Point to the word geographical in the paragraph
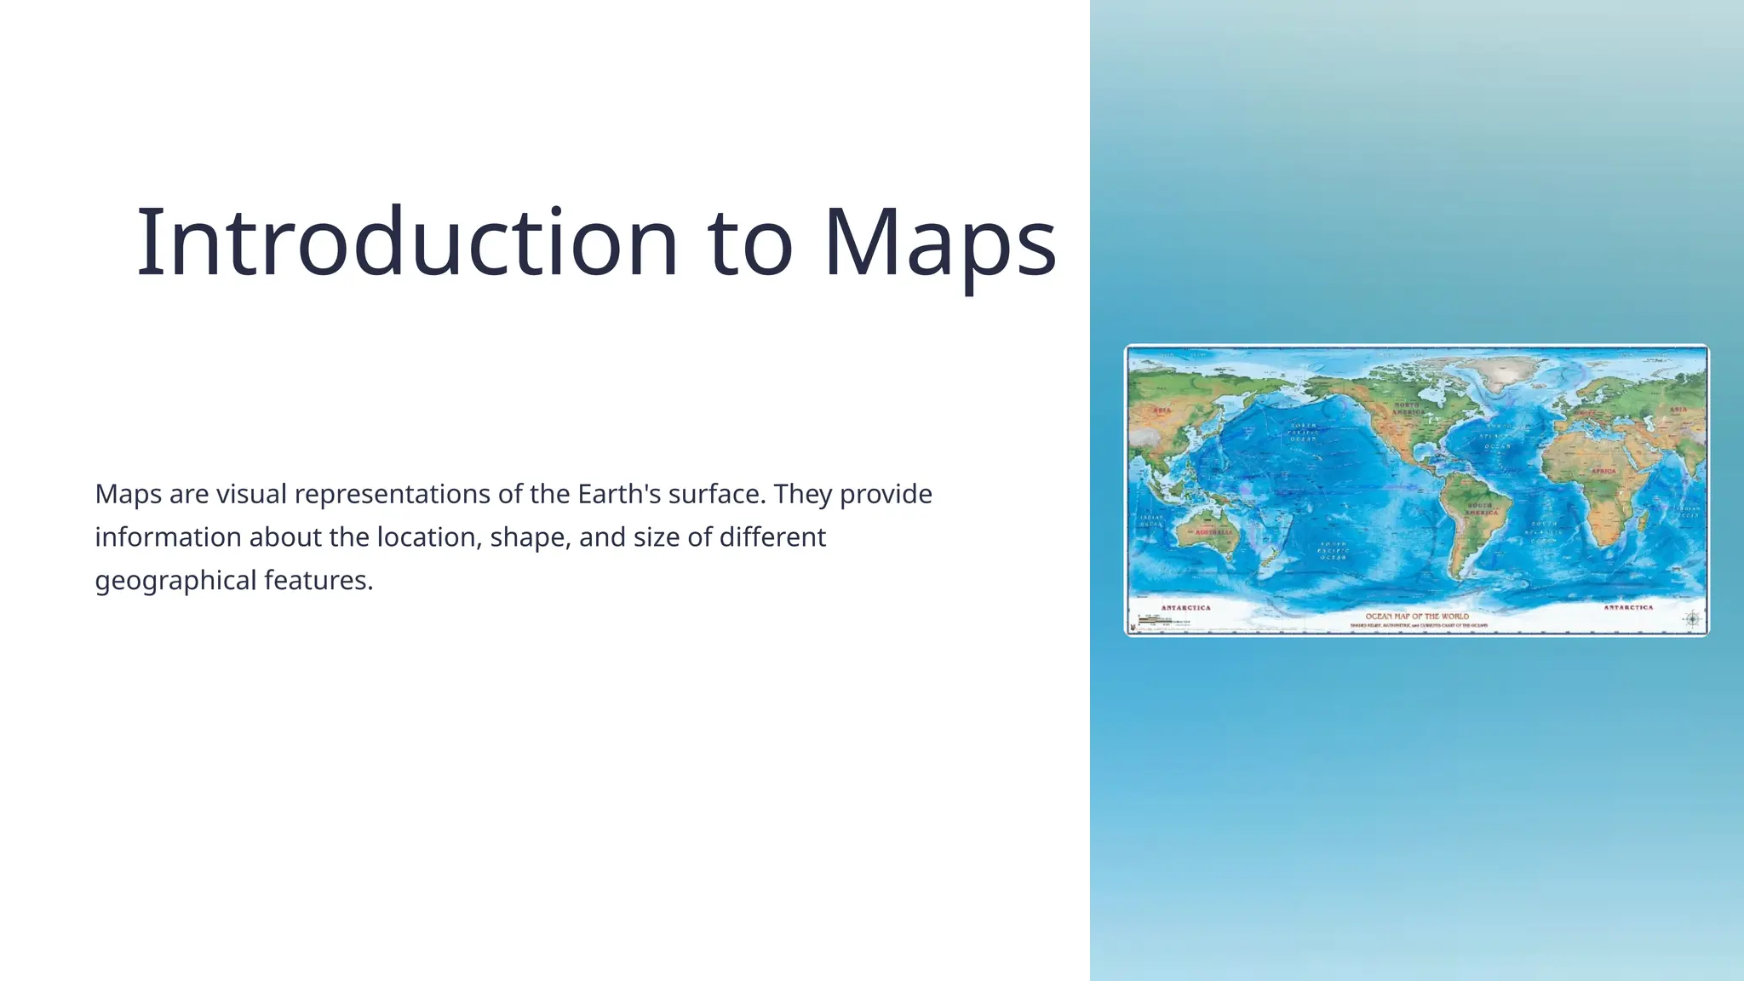pyautogui.click(x=175, y=581)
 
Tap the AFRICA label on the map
pyautogui.click(x=1603, y=471)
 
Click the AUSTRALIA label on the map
pyautogui.click(x=1213, y=532)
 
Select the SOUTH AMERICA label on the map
pyautogui.click(x=1482, y=509)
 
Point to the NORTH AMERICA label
pyautogui.click(x=1408, y=409)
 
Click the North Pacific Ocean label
pyautogui.click(x=1303, y=432)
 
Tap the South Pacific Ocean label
pyautogui.click(x=1333, y=550)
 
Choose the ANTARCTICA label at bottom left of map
pyautogui.click(x=1185, y=608)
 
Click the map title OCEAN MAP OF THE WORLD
pyautogui.click(x=1417, y=616)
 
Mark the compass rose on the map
pyautogui.click(x=1692, y=619)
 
